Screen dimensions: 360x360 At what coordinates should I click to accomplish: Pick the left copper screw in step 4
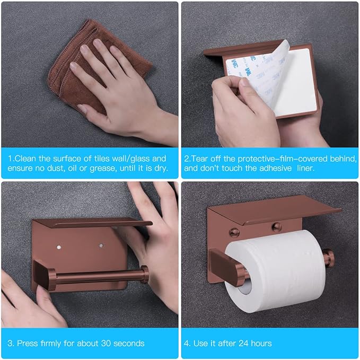pos(233,232)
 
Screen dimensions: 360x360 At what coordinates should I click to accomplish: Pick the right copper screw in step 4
pos(276,227)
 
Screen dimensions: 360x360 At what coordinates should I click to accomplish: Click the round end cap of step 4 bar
pos(329,258)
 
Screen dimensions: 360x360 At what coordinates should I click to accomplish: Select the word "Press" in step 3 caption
pos(28,343)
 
